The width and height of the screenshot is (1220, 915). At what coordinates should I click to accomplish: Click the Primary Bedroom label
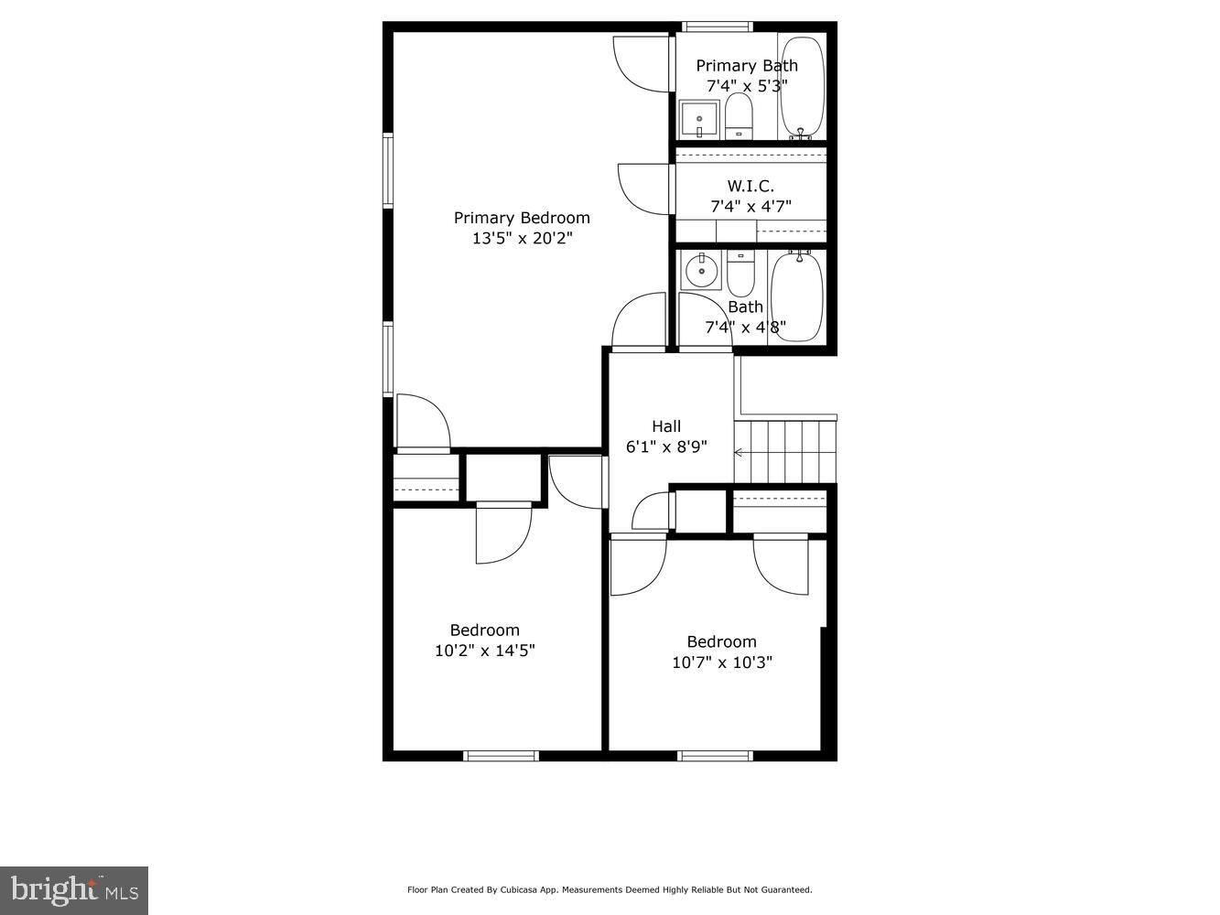coord(522,218)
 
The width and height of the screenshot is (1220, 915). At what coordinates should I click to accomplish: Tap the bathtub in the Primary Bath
coord(802,87)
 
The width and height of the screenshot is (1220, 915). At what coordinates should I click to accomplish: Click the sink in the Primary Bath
coord(699,119)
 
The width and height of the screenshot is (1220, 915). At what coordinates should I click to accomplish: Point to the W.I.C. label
coord(750,187)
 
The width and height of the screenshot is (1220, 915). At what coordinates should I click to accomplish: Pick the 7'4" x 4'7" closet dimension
coord(750,207)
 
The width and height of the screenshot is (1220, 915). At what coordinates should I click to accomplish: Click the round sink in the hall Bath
coord(701,270)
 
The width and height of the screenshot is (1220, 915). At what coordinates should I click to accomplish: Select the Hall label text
coord(666,426)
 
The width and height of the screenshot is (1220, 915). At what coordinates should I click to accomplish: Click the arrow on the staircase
coord(739,452)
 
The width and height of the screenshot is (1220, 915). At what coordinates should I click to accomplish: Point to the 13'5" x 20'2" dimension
coord(522,239)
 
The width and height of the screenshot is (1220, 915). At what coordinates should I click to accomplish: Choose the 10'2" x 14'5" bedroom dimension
coord(484,651)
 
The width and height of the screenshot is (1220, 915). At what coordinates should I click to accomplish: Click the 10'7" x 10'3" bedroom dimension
coord(722,662)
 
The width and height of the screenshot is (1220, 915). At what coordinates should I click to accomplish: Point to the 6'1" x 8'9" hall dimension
coord(666,447)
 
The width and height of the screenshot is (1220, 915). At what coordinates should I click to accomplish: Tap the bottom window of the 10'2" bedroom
coord(501,756)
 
